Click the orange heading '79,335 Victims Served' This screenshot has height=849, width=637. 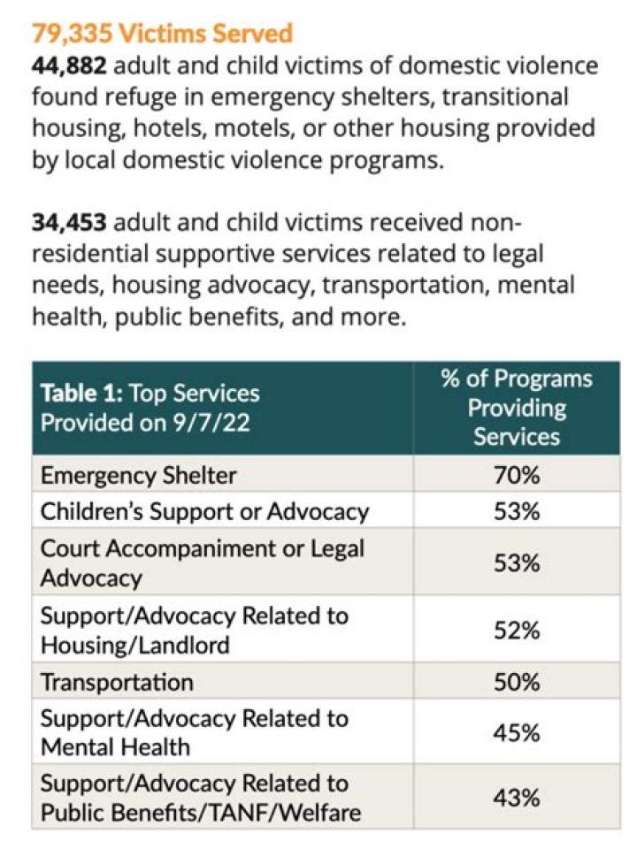163,33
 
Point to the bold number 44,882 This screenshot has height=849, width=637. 69,66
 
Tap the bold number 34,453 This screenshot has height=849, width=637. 69,223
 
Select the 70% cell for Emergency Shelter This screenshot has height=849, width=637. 517,476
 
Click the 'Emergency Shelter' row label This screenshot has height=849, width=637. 139,476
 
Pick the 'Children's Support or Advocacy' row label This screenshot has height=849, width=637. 204,512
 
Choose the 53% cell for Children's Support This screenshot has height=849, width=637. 517,511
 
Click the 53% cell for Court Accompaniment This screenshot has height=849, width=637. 517,563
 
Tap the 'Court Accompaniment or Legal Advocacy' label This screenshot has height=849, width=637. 203,563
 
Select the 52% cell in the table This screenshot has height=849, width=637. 517,631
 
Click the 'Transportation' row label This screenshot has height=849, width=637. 117,682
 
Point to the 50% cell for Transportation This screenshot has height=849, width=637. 517,682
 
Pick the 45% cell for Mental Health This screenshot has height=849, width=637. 517,733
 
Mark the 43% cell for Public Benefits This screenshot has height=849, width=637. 517,798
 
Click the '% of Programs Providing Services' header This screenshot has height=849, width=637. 517,408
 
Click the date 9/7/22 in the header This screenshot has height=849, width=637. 211,423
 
